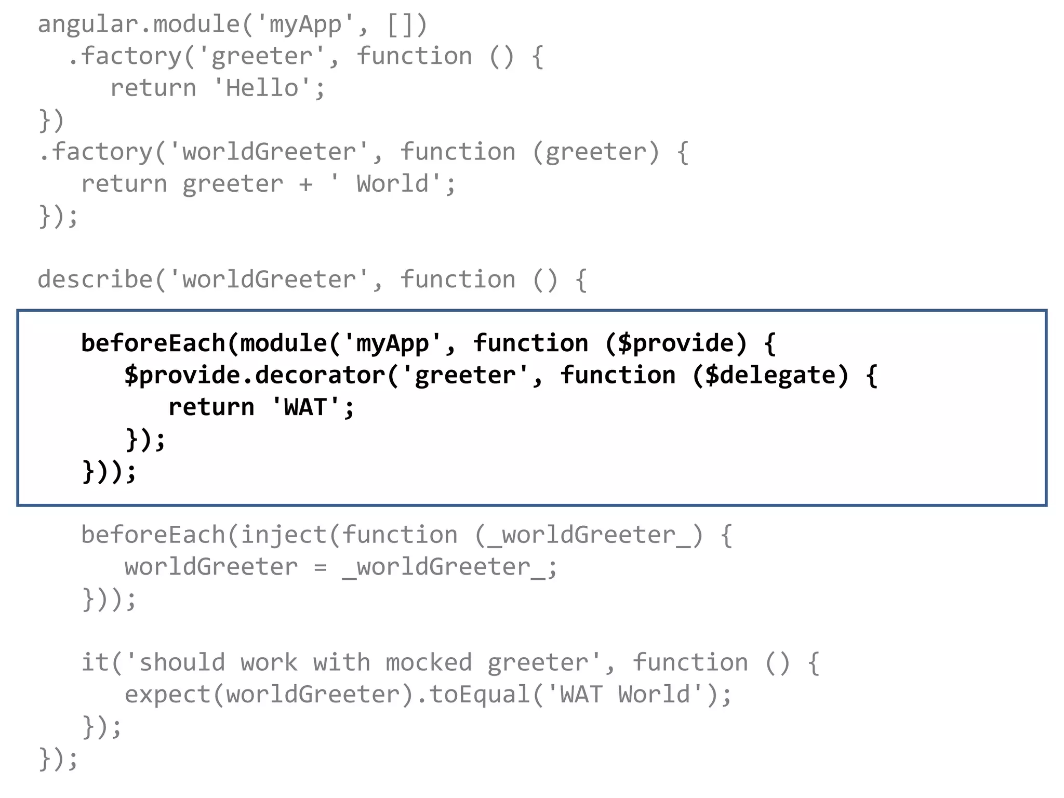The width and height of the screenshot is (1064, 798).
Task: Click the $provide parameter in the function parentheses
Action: pyautogui.click(x=675, y=343)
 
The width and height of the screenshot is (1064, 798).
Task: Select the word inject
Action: pyautogui.click(x=283, y=535)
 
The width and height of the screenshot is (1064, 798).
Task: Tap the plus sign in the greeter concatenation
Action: pyautogui.click(x=306, y=184)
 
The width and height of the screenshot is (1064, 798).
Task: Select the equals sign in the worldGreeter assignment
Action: pyautogui.click(x=320, y=567)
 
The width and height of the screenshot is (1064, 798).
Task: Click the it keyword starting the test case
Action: pyautogui.click(x=95, y=663)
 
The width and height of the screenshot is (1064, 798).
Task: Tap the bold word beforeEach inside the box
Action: pyautogui.click(x=153, y=343)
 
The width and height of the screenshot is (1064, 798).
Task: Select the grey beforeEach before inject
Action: pyautogui.click(x=153, y=535)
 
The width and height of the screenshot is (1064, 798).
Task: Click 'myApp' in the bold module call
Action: pyautogui.click(x=392, y=343)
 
